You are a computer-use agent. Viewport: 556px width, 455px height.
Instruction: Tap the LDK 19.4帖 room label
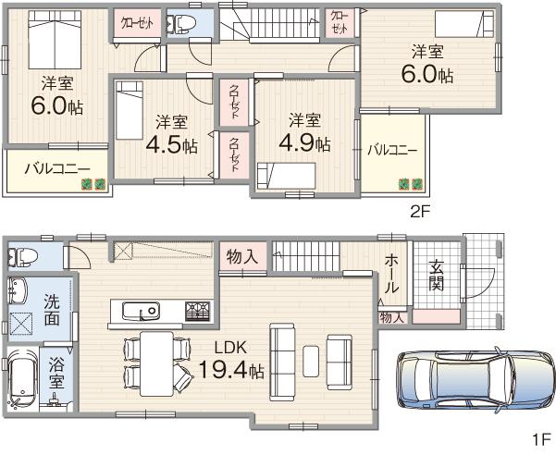click(231, 361)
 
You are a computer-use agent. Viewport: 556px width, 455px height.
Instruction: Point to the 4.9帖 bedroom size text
click(304, 133)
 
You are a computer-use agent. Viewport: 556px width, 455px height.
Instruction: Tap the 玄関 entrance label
click(437, 275)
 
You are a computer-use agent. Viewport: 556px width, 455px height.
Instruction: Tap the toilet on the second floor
click(182, 23)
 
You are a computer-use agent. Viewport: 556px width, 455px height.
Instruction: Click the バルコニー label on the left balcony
click(56, 168)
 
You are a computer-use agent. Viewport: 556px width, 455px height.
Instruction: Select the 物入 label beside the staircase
click(242, 256)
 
